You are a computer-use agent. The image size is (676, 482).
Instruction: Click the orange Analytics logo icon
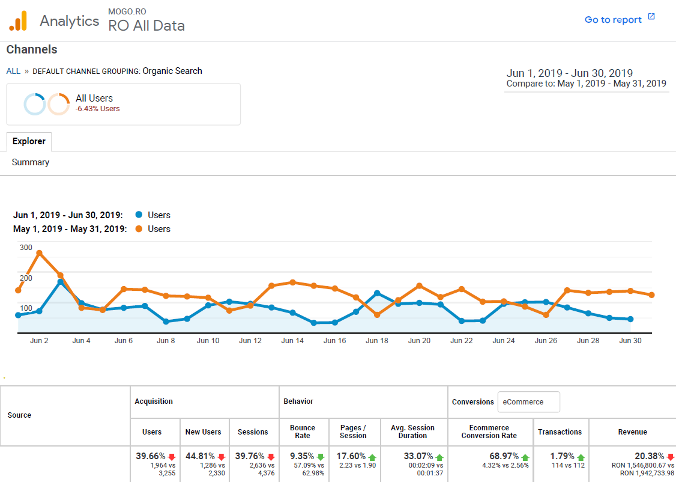pos(18,21)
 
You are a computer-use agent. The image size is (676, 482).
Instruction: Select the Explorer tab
pos(29,141)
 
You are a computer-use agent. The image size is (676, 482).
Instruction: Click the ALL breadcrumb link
pos(13,71)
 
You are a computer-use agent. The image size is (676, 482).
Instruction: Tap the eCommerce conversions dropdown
pos(528,402)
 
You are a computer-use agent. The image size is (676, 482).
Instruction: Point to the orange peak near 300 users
pos(39,253)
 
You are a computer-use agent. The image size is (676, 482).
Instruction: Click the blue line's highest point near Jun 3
pos(61,282)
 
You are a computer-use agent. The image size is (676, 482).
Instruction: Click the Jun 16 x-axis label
pos(334,341)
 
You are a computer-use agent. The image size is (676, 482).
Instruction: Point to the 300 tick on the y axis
pos(26,247)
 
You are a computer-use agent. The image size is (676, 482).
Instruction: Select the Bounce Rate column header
pos(303,432)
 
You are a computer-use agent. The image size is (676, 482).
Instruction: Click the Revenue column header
pos(632,432)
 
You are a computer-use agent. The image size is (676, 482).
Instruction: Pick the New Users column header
pos(203,432)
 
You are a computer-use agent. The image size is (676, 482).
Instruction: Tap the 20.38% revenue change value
pos(650,456)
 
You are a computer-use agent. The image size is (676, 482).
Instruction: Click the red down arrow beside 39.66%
pos(171,457)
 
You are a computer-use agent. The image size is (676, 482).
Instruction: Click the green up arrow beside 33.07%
pos(439,457)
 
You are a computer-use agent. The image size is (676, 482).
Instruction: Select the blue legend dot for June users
pos(139,215)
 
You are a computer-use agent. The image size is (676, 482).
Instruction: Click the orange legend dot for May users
pos(139,229)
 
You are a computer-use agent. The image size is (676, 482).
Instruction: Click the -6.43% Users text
pos(97,109)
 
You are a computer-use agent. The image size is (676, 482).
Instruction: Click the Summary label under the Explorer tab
pos(31,162)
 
